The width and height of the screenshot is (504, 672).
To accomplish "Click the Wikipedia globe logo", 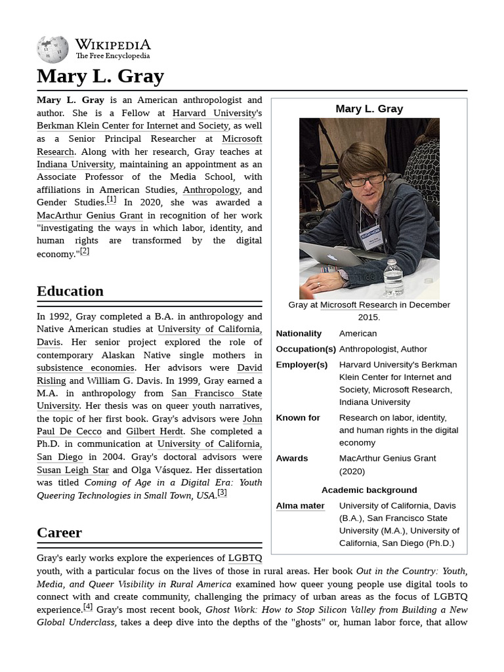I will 52,49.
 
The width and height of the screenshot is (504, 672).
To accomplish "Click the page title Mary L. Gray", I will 100,76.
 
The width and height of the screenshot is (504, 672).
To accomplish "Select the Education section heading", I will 70,291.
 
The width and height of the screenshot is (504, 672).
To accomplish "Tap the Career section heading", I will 59,532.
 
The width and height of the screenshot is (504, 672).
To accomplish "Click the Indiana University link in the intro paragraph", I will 75,164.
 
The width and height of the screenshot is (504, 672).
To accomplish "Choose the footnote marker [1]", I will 112,199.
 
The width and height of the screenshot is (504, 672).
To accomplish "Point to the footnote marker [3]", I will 222,493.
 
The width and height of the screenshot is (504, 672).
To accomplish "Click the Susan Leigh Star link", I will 73,470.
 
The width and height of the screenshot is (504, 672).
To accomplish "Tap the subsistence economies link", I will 85,367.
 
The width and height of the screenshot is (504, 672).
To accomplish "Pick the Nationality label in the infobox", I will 299,333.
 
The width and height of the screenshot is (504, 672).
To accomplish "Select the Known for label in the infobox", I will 298,417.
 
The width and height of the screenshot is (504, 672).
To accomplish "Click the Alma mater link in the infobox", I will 300,505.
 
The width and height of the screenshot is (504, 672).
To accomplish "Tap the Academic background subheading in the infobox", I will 369,490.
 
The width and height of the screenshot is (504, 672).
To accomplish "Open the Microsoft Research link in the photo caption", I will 358,304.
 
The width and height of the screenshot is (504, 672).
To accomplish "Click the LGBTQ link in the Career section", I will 245,558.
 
